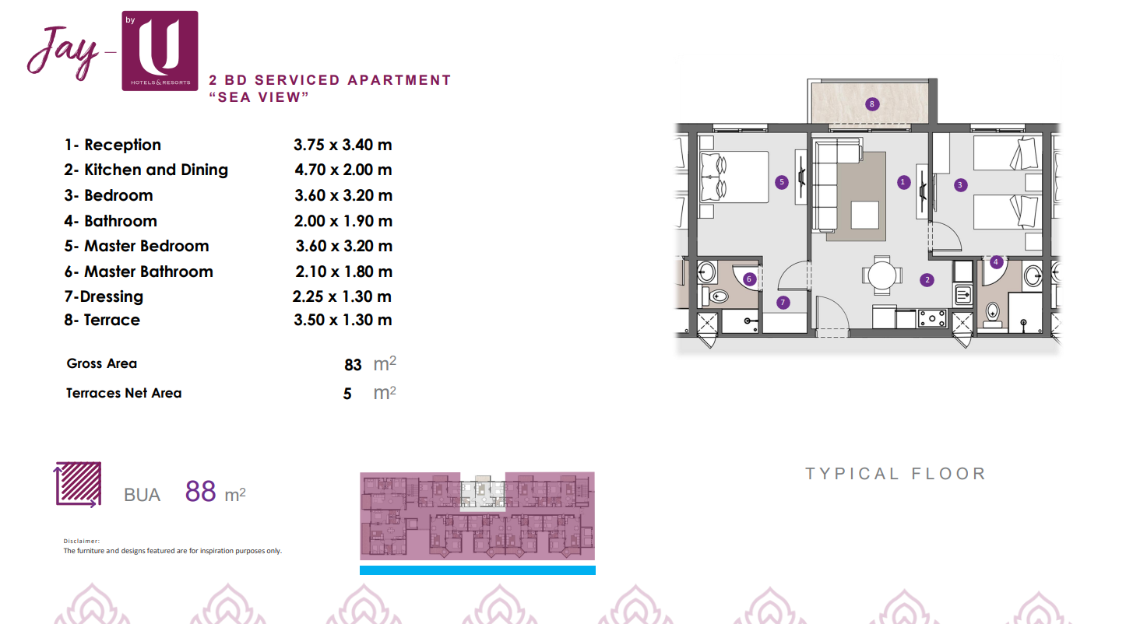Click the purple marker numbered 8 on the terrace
pyautogui.click(x=871, y=104)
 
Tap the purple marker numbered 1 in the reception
pyautogui.click(x=903, y=182)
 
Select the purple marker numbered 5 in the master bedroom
pyautogui.click(x=781, y=182)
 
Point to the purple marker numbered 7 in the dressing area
pyautogui.click(x=783, y=303)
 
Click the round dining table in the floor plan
pyautogui.click(x=882, y=275)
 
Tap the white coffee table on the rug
pyautogui.click(x=864, y=215)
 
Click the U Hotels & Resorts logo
pyautogui.click(x=160, y=51)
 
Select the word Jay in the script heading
pyautogui.click(x=62, y=53)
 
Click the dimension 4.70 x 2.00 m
pyautogui.click(x=343, y=170)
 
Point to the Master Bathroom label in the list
pyautogui.click(x=148, y=272)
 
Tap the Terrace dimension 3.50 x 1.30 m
pyautogui.click(x=343, y=320)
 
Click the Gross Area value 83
pyautogui.click(x=353, y=365)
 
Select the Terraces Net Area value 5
pyautogui.click(x=347, y=394)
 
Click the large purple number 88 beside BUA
pyautogui.click(x=201, y=492)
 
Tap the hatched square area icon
pyautogui.click(x=78, y=484)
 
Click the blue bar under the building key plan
pyautogui.click(x=477, y=570)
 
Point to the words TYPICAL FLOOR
pyautogui.click(x=896, y=474)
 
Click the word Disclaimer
pyautogui.click(x=82, y=541)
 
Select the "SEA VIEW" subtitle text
pyautogui.click(x=259, y=97)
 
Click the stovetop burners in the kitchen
pyautogui.click(x=932, y=318)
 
